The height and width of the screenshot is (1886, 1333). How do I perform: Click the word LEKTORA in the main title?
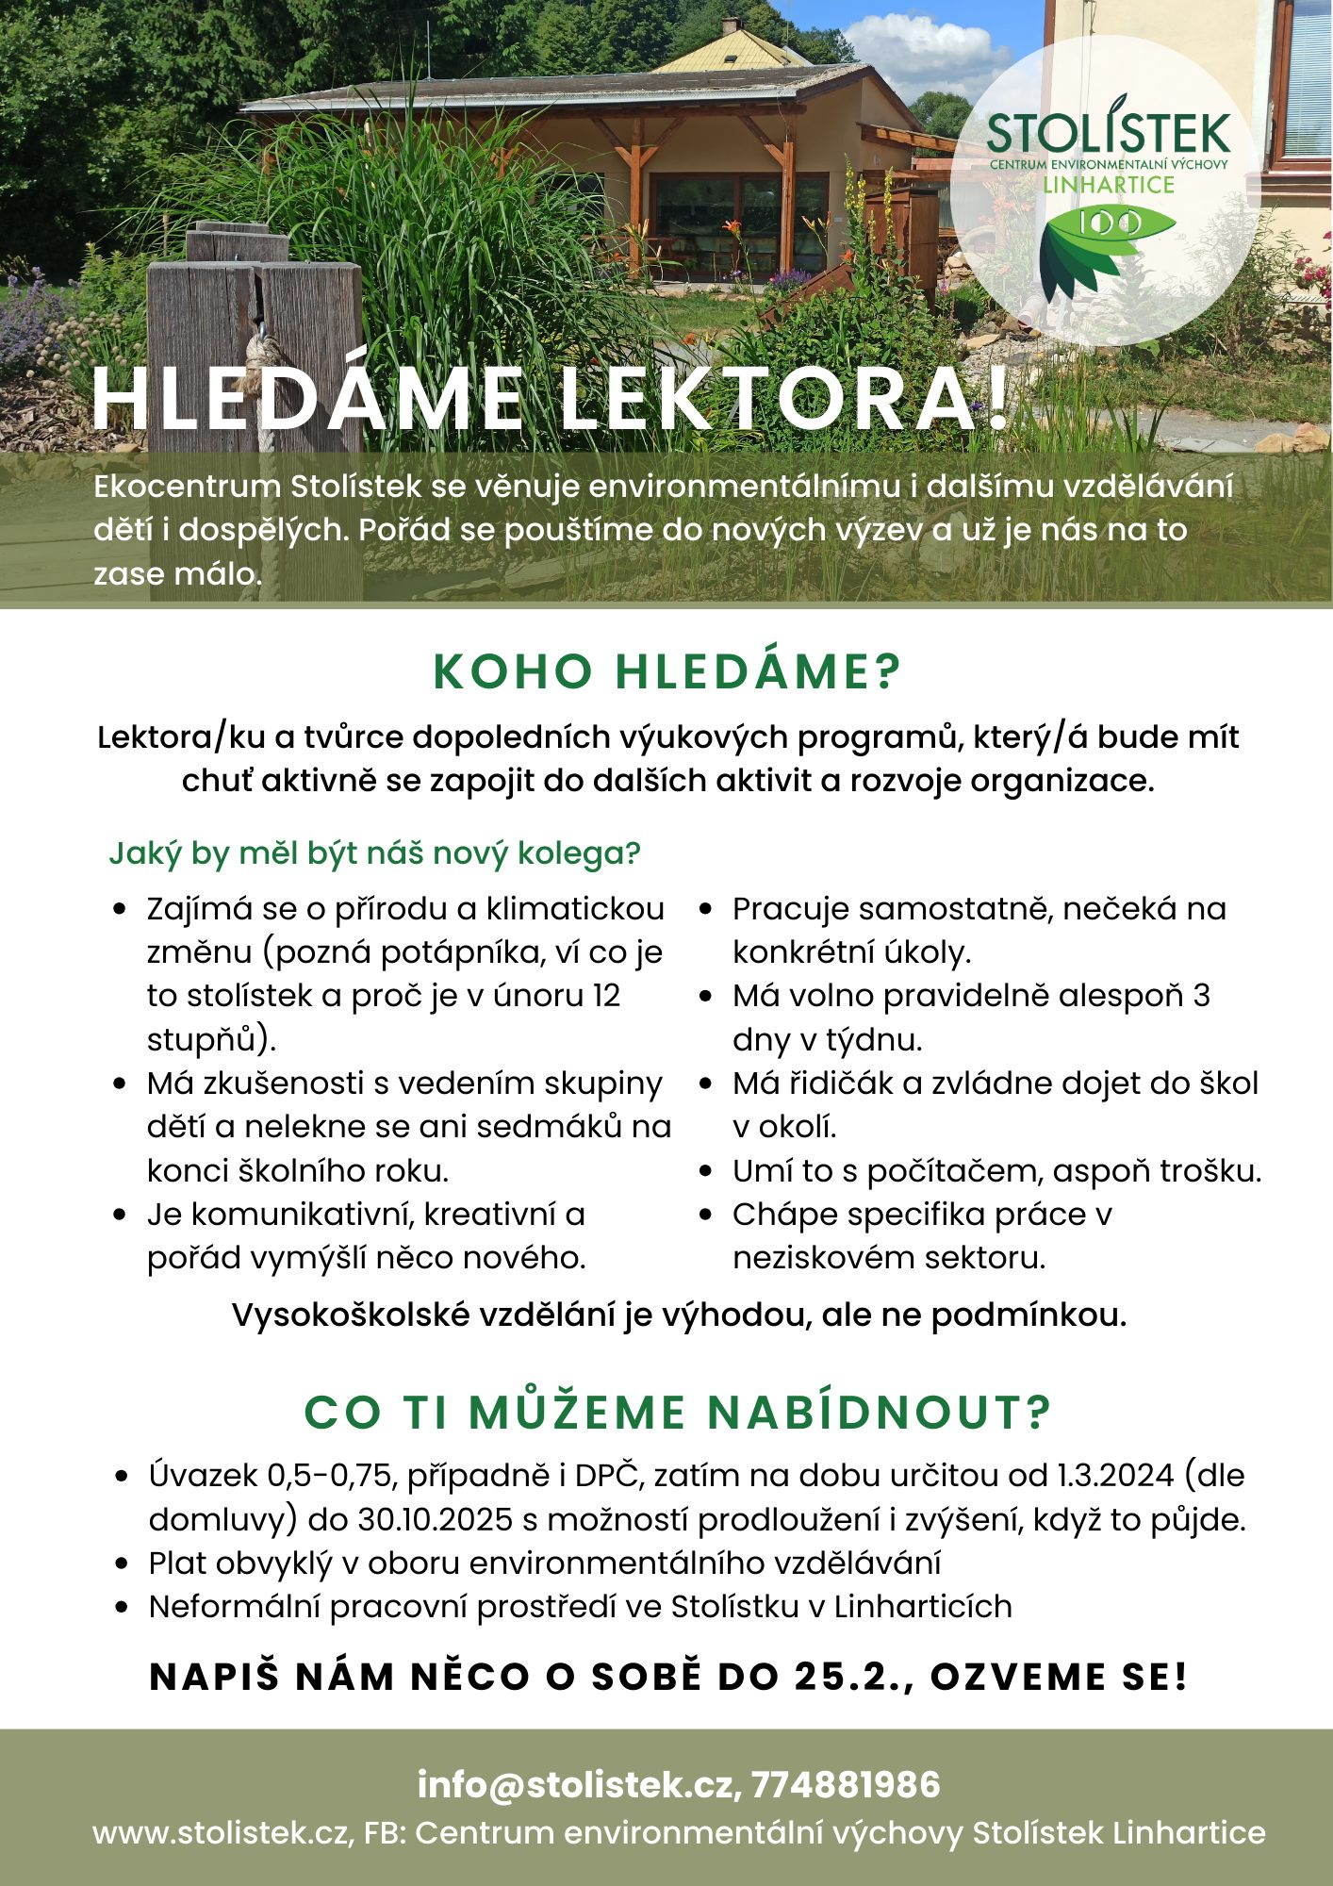coord(782,400)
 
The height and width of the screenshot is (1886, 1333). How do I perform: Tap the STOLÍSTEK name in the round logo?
coord(1109,135)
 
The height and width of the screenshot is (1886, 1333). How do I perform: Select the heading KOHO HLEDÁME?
coord(667,671)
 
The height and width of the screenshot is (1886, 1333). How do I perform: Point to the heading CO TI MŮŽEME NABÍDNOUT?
coord(676,1412)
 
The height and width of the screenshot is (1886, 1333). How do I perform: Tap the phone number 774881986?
coord(846,1784)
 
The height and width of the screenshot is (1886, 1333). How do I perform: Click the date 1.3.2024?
coord(1115,1475)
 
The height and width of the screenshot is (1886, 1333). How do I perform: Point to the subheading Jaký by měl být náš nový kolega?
coord(374,852)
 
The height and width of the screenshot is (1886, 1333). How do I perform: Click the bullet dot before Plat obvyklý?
coord(121,1563)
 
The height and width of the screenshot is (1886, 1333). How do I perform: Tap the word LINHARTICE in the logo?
coord(1109,185)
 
